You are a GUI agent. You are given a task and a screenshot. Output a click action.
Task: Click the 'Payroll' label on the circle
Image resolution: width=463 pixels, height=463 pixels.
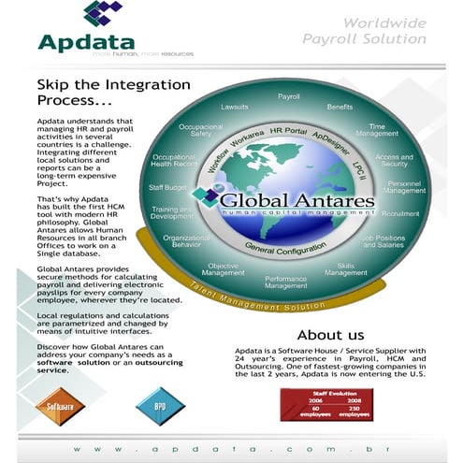[289, 96]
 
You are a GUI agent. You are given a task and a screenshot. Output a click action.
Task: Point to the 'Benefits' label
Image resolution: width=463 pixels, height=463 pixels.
[340, 107]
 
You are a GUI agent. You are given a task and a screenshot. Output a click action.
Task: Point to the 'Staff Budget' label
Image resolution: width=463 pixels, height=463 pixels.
[169, 188]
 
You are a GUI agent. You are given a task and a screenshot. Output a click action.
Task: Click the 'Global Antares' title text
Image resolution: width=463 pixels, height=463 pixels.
[297, 200]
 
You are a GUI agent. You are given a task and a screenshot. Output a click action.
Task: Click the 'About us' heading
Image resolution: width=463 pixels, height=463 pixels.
[330, 334]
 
